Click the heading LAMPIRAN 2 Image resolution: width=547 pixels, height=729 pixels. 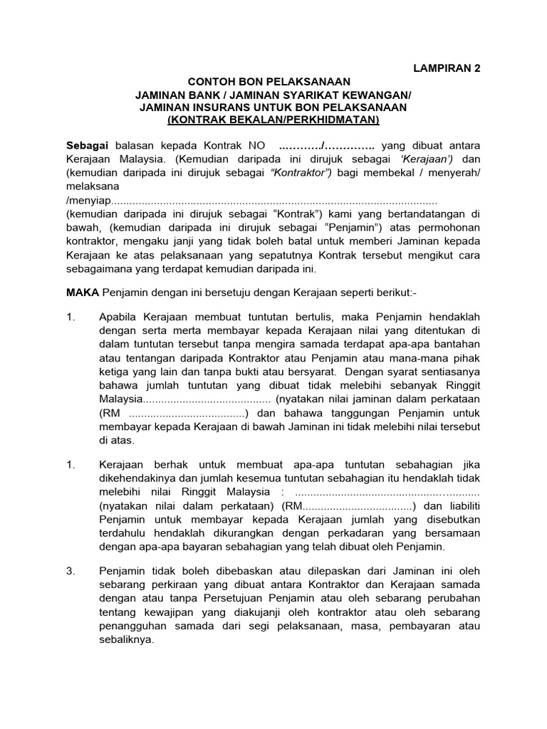tap(447, 68)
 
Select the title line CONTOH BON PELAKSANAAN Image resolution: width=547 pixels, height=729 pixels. tap(269, 82)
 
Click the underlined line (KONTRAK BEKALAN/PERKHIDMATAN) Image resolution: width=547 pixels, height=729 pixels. tap(273, 120)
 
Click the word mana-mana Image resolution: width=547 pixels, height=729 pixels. tap(426, 357)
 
